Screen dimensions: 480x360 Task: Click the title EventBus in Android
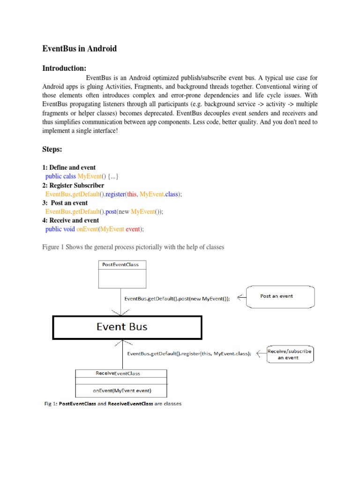79,48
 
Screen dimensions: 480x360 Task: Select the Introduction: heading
64,68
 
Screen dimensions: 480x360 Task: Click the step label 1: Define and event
69,167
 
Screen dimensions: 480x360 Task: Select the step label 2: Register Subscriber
73,185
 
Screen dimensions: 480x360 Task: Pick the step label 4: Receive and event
70,220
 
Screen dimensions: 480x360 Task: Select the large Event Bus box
127,327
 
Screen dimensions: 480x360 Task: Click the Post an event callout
280,296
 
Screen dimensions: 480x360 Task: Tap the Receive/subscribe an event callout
290,354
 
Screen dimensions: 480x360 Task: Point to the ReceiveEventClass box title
118,374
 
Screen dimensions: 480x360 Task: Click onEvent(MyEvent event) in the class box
121,390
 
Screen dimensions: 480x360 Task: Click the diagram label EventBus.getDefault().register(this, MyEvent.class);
189,354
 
